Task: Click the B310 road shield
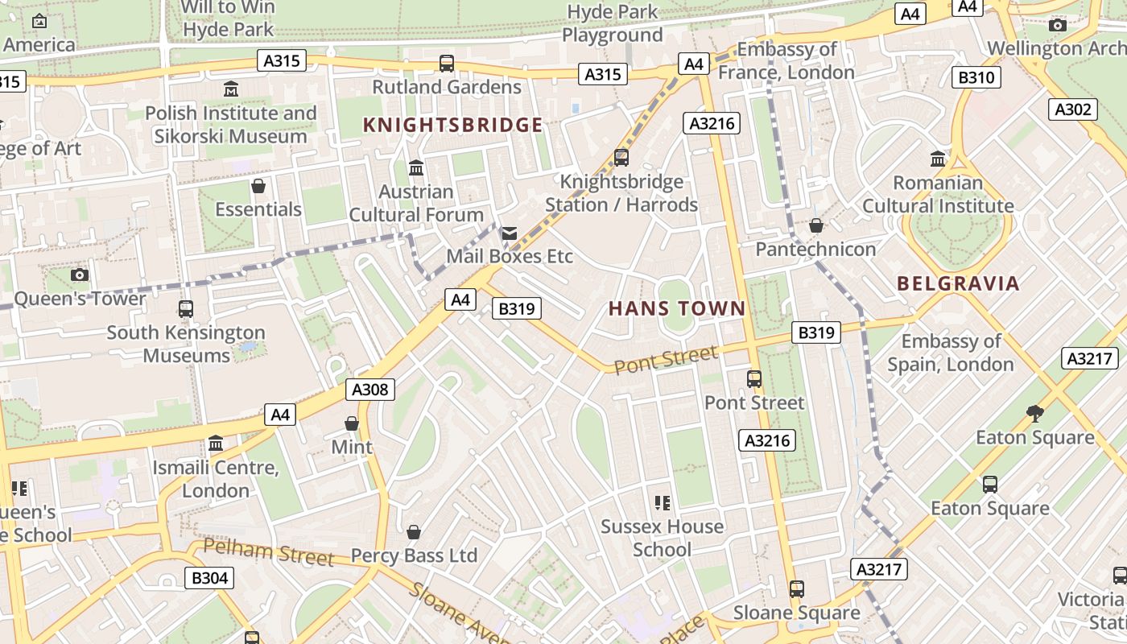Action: (977, 77)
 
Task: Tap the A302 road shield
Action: (1073, 109)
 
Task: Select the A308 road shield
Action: (370, 390)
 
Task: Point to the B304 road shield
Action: (210, 577)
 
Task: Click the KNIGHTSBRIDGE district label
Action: (452, 125)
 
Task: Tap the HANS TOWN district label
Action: (677, 308)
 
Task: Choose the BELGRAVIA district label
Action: (958, 283)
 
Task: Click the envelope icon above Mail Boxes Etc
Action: (510, 233)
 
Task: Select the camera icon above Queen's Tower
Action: (79, 275)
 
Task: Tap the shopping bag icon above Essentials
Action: (258, 187)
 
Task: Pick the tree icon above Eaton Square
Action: (1035, 414)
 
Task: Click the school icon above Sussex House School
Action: (663, 503)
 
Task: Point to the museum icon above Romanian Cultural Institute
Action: (938, 159)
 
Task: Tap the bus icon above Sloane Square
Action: (796, 589)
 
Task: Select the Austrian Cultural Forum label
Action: (416, 204)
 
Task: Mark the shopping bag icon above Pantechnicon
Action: (815, 225)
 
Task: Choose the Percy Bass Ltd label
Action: (414, 555)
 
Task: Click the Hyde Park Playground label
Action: (613, 23)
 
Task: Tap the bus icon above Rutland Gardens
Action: (447, 63)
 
